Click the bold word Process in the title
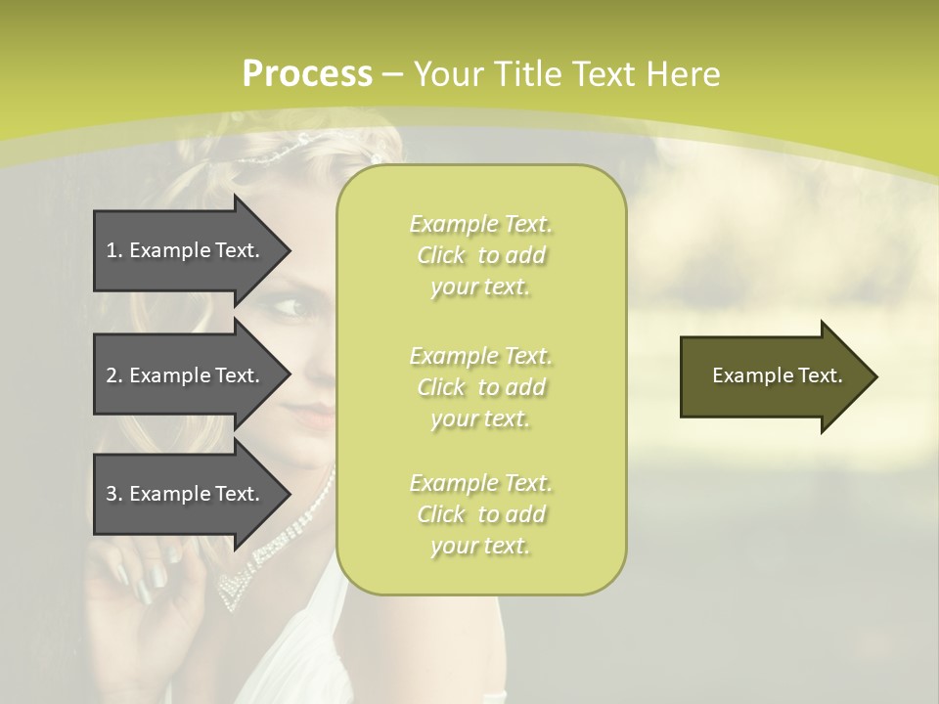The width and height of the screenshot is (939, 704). pos(307,74)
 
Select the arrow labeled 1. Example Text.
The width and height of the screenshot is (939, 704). pos(186,250)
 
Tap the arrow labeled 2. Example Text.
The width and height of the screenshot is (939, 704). pos(186,375)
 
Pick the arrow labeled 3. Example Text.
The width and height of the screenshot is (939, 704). pos(186,494)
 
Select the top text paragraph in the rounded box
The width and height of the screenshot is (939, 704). pos(480,255)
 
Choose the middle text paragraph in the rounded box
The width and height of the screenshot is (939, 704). pos(480,387)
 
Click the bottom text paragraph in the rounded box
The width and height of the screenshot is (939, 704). pos(480,514)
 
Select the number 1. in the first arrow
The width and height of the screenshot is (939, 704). pos(114,250)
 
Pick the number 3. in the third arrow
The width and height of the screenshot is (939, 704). pos(114,494)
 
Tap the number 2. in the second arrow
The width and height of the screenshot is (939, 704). pos(114,375)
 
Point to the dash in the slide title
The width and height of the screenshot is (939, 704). pos(393,75)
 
